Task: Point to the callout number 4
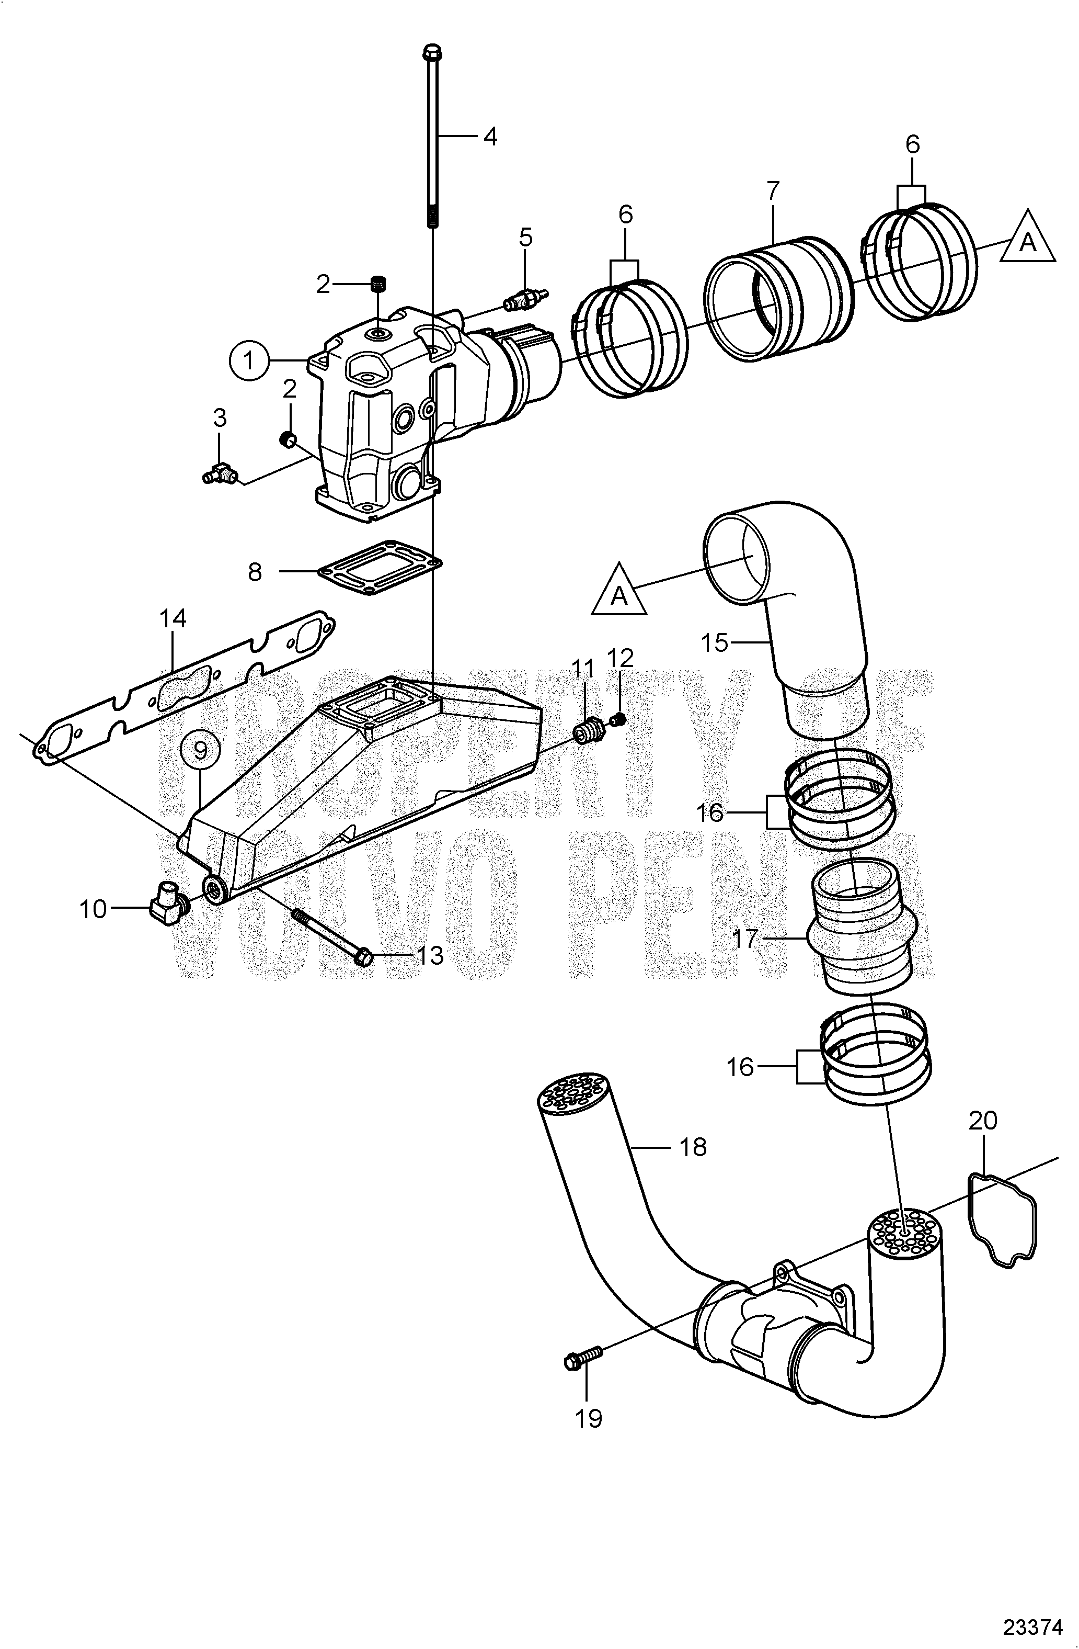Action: (490, 137)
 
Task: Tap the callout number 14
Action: (173, 618)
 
